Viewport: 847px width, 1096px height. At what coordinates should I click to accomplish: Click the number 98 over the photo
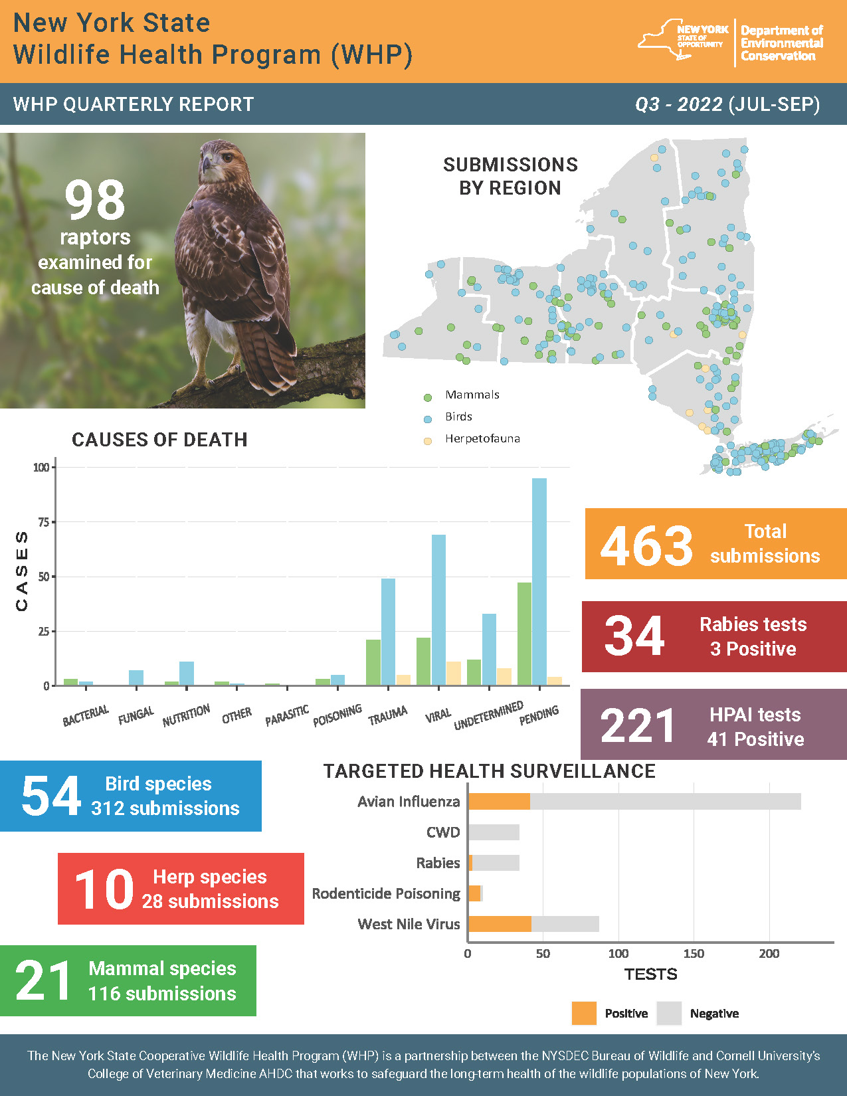95,200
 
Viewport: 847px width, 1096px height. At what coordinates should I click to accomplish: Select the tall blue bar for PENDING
539,581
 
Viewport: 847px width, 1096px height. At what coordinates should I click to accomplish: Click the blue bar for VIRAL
438,609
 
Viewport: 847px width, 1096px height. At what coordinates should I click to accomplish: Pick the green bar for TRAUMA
373,662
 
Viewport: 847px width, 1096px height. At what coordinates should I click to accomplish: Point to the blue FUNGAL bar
136,678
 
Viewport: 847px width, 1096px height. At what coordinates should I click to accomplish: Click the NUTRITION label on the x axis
186,715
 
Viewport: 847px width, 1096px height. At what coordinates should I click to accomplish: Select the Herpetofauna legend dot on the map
428,440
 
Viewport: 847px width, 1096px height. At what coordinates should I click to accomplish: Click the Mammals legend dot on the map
428,397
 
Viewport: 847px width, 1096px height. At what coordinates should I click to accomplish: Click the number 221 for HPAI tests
637,726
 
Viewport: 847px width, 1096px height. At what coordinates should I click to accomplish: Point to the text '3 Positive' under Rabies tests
753,649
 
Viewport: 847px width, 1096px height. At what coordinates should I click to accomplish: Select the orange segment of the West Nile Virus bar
500,924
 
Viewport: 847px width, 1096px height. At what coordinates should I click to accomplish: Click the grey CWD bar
494,832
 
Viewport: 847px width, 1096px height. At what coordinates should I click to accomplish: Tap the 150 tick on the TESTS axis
694,954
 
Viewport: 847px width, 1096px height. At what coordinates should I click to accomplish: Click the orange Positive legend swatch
584,1013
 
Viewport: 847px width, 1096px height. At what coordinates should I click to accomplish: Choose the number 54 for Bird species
50,796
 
